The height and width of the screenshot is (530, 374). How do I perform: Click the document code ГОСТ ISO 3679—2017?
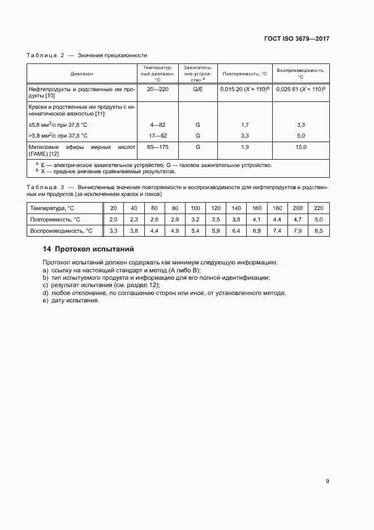click(296, 39)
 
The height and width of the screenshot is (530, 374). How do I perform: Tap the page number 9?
click(328, 481)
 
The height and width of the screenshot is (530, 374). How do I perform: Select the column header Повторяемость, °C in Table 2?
click(244, 74)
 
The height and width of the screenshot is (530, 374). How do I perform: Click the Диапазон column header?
click(82, 74)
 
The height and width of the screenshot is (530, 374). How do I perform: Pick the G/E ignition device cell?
click(197, 89)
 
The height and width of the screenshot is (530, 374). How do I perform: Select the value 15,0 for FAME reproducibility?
click(301, 147)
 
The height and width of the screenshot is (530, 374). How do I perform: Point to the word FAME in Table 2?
click(36, 154)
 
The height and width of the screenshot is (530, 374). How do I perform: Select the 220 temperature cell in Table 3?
click(318, 208)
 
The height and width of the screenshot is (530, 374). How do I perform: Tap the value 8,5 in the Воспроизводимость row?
click(318, 230)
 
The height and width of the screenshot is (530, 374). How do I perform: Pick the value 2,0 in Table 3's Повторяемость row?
click(113, 219)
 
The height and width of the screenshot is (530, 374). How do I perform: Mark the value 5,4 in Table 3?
click(195, 230)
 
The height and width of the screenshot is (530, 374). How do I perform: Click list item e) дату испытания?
click(71, 301)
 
